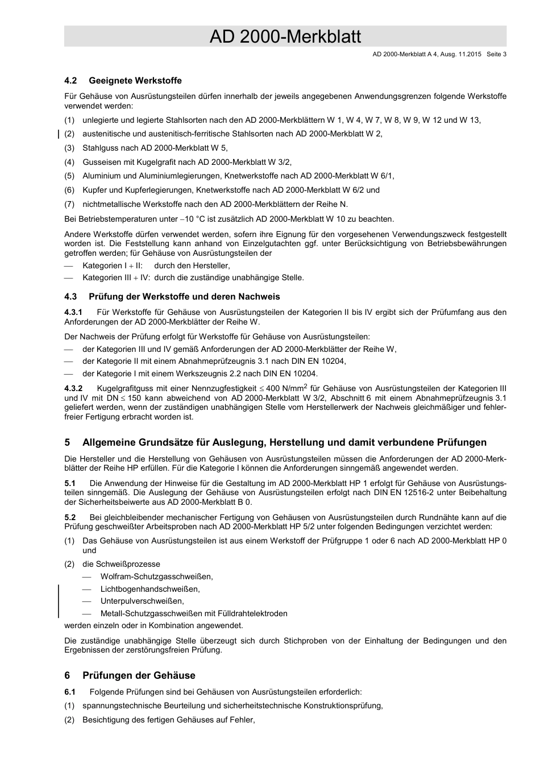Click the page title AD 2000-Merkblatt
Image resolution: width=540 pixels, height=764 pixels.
point(285,36)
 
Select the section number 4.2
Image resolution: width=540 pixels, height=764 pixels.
point(70,81)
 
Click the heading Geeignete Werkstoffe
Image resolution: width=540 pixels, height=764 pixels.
point(135,81)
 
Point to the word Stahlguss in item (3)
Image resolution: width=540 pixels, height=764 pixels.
point(100,148)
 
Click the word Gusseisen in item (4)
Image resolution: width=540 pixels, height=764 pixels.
point(101,162)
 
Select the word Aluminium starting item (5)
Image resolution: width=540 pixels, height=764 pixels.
point(101,176)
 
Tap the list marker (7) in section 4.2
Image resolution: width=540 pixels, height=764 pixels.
point(69,204)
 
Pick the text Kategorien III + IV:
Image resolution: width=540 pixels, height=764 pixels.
point(116,278)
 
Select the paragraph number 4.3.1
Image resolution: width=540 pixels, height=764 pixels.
point(73,312)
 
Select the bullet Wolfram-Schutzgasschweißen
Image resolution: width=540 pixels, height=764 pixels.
point(156,577)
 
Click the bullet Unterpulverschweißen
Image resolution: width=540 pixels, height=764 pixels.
point(142,601)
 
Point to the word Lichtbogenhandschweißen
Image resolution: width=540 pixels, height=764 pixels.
point(150,589)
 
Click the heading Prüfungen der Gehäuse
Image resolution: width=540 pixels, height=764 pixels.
point(139,675)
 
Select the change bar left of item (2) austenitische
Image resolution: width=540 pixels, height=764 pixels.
point(59,134)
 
